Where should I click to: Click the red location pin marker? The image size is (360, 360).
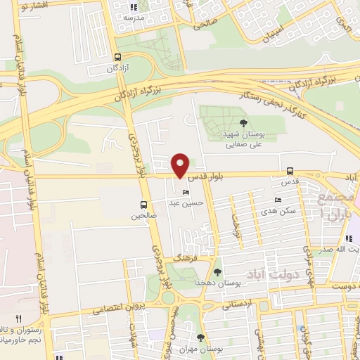(181, 165)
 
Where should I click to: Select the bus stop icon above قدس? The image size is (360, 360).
(290, 171)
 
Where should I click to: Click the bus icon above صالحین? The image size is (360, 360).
(143, 205)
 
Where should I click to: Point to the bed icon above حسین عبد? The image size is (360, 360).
(186, 193)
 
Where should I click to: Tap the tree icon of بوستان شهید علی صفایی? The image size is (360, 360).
(243, 123)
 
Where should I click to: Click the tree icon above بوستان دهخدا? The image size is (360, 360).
(217, 271)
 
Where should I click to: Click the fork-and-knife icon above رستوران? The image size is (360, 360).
(19, 319)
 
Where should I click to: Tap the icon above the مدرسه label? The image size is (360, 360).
(135, 7)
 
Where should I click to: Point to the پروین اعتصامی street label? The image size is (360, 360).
(106, 308)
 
